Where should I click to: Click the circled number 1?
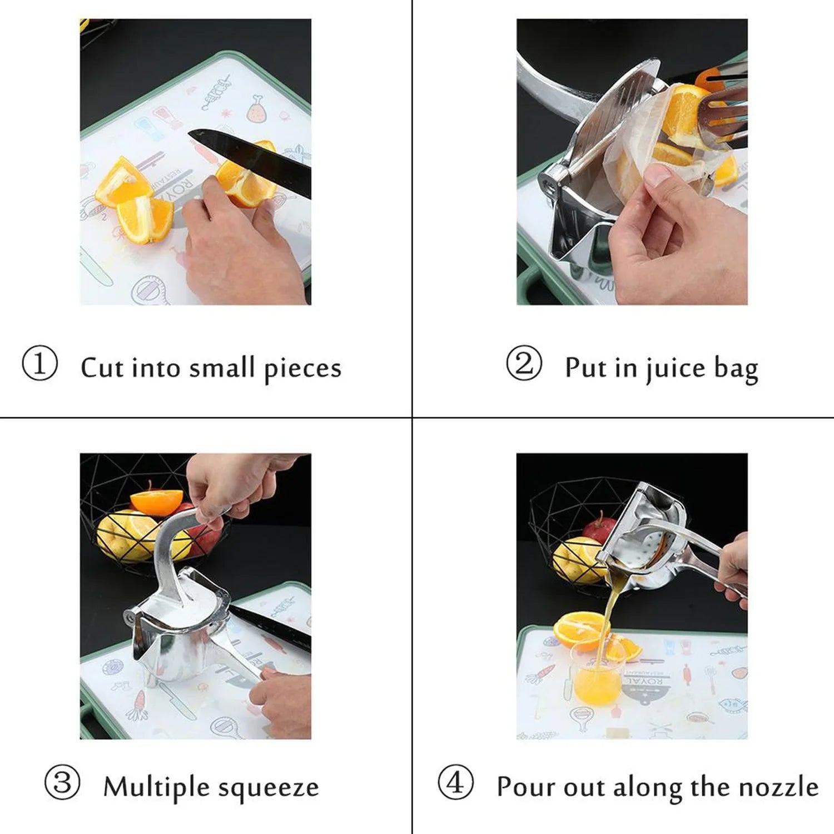pyautogui.click(x=39, y=364)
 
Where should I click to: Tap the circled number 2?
pyautogui.click(x=523, y=364)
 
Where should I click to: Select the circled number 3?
pyautogui.click(x=62, y=782)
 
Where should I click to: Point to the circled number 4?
pyautogui.click(x=455, y=782)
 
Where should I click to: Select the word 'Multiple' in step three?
pyautogui.click(x=156, y=787)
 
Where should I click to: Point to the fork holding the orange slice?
pyautogui.click(x=723, y=111)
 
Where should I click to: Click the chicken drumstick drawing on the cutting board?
pyautogui.click(x=257, y=109)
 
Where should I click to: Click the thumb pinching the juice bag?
pyautogui.click(x=656, y=178)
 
